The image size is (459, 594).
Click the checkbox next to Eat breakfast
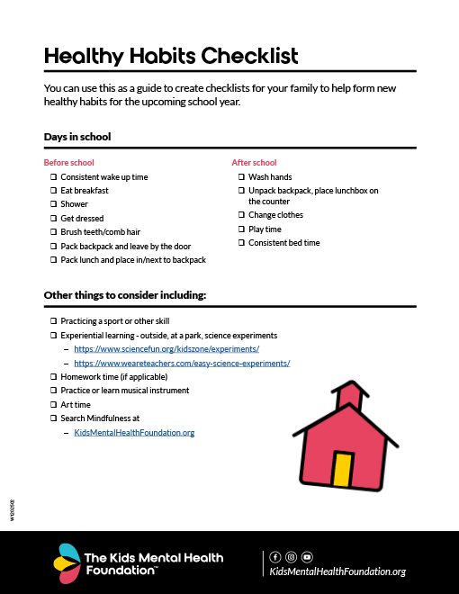tap(53, 191)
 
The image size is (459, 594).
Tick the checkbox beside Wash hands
tap(241, 177)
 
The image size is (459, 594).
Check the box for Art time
tap(53, 405)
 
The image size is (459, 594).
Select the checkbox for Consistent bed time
tap(241, 243)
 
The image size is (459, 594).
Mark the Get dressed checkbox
tap(53, 218)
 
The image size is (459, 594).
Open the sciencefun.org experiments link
tap(166, 348)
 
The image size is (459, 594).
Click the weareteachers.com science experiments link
tap(182, 363)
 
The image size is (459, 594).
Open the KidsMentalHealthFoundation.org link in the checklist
tap(134, 433)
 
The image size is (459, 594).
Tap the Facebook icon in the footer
tap(275, 557)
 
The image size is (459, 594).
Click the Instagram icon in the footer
tap(291, 557)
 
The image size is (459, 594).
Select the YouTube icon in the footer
tap(307, 557)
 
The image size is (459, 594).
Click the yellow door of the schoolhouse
tap(341, 469)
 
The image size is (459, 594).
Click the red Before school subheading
tap(69, 163)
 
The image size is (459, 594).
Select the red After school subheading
tap(254, 163)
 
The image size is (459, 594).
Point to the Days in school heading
tap(77, 137)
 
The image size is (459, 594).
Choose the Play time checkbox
tap(241, 229)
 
